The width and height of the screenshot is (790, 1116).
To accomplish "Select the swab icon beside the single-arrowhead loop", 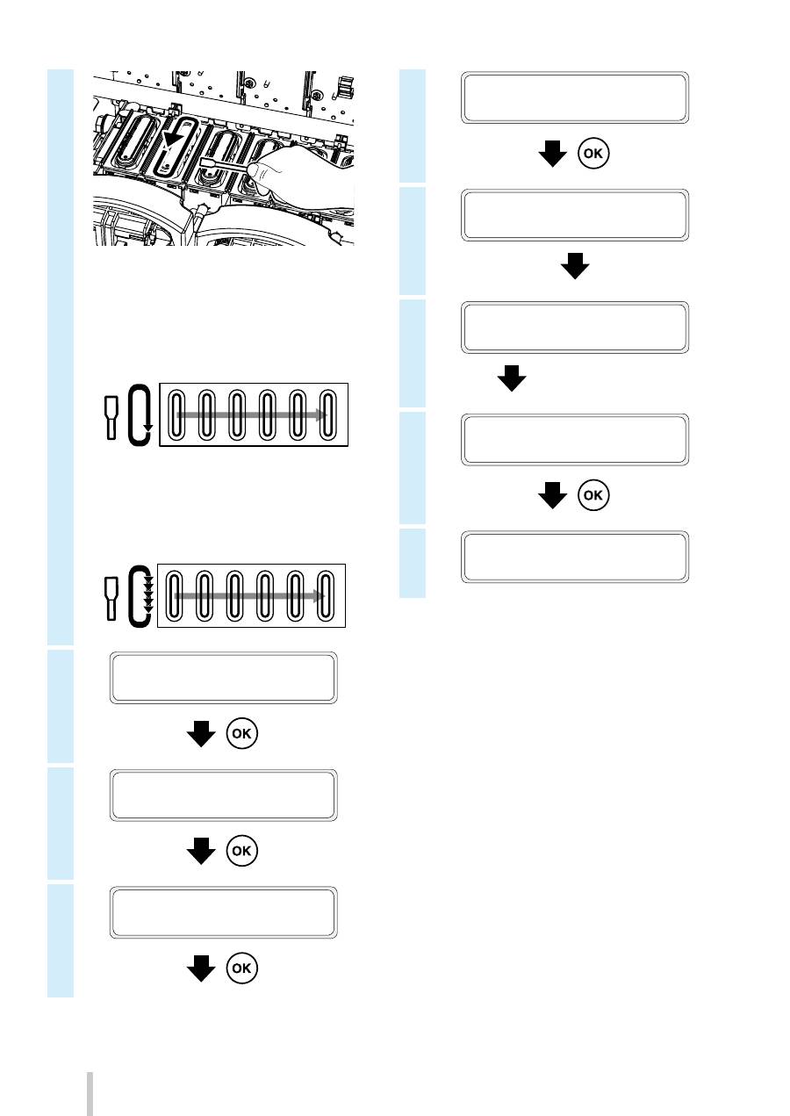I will tap(111, 416).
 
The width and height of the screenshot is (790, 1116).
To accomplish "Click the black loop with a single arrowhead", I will tap(140, 414).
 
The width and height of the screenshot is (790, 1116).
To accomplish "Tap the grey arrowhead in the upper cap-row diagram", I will tap(324, 414).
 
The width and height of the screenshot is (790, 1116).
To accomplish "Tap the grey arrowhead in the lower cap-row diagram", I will tap(322, 595).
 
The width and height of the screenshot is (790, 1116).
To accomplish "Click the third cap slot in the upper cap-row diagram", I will tap(238, 414).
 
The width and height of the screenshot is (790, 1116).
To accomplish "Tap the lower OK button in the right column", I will tap(594, 495).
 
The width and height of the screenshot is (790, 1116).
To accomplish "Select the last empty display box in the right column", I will tap(576, 556).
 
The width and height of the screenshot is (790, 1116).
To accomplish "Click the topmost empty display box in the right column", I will tap(576, 97).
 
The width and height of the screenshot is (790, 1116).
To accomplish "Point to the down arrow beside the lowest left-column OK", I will tap(203, 967).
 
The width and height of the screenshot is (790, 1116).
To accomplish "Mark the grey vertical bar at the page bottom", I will tap(89, 1092).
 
